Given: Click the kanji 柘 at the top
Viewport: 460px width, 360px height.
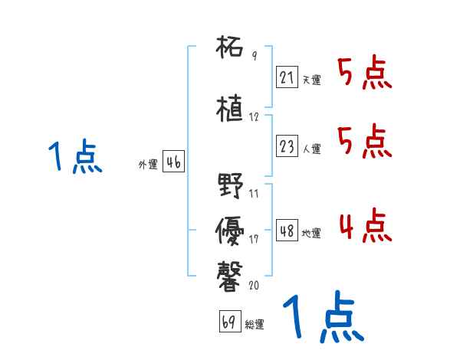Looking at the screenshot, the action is pyautogui.click(x=230, y=48).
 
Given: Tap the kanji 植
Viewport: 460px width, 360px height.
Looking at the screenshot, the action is pyautogui.click(x=230, y=108).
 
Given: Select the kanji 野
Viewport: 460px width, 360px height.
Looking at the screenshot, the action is pyautogui.click(x=230, y=186).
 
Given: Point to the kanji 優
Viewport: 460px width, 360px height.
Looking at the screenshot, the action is pyautogui.click(x=230, y=227).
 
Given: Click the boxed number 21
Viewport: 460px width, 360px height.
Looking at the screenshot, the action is pyautogui.click(x=286, y=77).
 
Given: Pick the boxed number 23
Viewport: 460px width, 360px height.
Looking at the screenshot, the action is pyautogui.click(x=286, y=146).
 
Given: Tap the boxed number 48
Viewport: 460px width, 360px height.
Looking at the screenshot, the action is pyautogui.click(x=287, y=231).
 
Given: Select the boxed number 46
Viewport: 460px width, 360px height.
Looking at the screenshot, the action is pyautogui.click(x=172, y=162).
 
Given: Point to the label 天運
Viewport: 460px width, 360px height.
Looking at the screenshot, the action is pyautogui.click(x=310, y=80).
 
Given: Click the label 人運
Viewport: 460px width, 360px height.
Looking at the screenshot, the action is pyautogui.click(x=310, y=148).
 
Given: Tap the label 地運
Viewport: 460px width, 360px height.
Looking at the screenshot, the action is pyautogui.click(x=311, y=233).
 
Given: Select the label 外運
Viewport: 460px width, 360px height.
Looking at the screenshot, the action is pyautogui.click(x=148, y=165).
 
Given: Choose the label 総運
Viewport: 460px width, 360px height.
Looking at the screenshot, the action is pyautogui.click(x=254, y=324).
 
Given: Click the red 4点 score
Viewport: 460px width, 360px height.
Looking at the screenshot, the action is pyautogui.click(x=365, y=226).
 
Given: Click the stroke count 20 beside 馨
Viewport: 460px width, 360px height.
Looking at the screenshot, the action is pyautogui.click(x=255, y=285).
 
